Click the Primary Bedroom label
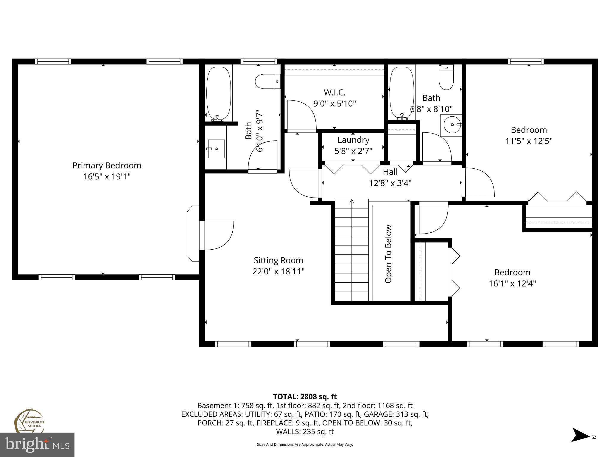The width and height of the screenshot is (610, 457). click(x=107, y=165)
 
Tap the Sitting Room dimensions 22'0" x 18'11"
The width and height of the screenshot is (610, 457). click(x=278, y=271)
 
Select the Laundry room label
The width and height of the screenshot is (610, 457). click(x=353, y=140)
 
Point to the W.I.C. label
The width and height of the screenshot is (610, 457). click(x=334, y=92)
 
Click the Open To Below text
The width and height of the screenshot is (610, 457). click(x=388, y=253)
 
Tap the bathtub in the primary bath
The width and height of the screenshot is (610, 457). click(x=219, y=93)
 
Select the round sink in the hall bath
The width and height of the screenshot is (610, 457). click(x=452, y=125)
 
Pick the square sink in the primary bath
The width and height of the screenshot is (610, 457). click(x=216, y=148)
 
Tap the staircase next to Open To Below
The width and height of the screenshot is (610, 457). click(x=352, y=250)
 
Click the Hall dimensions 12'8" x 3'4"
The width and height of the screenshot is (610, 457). click(x=390, y=183)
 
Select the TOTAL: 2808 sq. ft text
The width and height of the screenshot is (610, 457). click(x=305, y=397)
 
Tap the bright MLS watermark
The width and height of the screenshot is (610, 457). click(x=37, y=445)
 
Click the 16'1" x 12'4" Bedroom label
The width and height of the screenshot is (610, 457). click(x=512, y=272)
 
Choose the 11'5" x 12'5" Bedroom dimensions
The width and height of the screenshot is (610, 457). click(x=529, y=141)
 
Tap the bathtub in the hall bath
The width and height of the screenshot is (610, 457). click(x=402, y=93)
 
